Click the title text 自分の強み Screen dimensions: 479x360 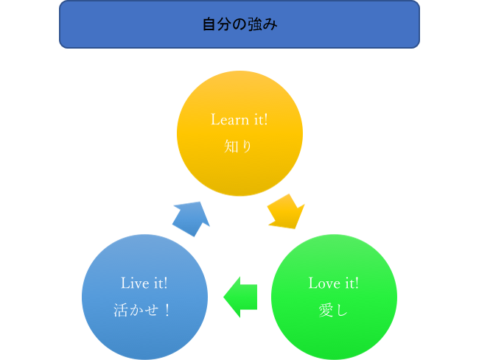coord(239,24)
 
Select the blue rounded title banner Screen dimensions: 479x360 coord(239,24)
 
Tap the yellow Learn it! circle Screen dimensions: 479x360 coord(239,133)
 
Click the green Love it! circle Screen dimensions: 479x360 coord(334,297)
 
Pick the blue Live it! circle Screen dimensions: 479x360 coord(144,297)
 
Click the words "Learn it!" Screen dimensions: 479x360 coord(239,119)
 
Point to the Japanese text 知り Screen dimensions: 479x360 coord(238,147)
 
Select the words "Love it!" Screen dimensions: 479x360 coord(334,283)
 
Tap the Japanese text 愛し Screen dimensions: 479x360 coord(333,310)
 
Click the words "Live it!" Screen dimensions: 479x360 coord(144,283)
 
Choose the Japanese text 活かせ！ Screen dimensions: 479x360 coord(142,310)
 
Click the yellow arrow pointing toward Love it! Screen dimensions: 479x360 coord(286,212)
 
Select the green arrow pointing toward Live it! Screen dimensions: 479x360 coord(240,297)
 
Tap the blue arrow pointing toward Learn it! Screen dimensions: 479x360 coord(192,219)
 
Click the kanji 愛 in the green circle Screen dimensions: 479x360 coord(326,310)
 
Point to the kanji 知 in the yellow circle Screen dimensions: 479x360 coord(231,147)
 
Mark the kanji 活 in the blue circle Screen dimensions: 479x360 coord(121,310)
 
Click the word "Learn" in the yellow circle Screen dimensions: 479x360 coord(230,119)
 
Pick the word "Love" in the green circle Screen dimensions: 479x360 coord(324,283)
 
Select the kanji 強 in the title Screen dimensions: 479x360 coord(255,24)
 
